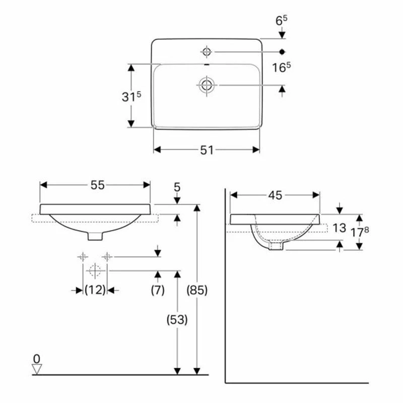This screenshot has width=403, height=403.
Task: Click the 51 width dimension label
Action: pyautogui.click(x=207, y=150)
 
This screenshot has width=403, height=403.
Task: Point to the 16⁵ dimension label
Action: pyautogui.click(x=283, y=68)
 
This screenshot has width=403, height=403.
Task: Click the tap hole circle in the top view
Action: pyautogui.click(x=207, y=51)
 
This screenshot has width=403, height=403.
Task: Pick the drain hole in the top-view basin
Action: pyautogui.click(x=207, y=85)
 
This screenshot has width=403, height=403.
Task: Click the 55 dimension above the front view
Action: pyautogui.click(x=98, y=185)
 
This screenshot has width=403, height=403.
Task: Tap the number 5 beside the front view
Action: pyautogui.click(x=177, y=187)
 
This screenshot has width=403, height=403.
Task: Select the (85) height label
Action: pyautogui.click(x=197, y=291)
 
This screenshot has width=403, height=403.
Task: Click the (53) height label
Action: pyautogui.click(x=177, y=319)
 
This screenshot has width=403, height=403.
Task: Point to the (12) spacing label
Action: pyautogui.click(x=94, y=290)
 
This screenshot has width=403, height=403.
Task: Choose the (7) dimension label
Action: pyautogui.click(x=158, y=290)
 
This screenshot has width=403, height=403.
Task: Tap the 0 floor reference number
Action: pyautogui.click(x=36, y=359)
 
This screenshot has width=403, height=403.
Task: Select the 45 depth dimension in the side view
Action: pyautogui.click(x=275, y=195)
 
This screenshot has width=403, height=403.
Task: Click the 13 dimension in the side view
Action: pyautogui.click(x=340, y=228)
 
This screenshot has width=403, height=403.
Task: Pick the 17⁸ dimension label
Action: pyautogui.click(x=373, y=232)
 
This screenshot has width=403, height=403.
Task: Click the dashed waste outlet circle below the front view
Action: pyautogui.click(x=94, y=270)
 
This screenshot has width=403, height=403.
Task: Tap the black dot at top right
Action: pyautogui.click(x=282, y=51)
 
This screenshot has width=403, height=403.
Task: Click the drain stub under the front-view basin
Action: pyautogui.click(x=95, y=235)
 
